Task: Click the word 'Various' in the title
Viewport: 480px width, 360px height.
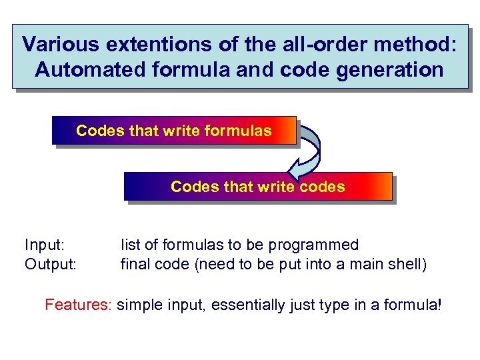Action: tap(58, 45)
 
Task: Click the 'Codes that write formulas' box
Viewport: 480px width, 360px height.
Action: tap(174, 131)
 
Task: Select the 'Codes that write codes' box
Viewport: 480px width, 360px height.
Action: tap(258, 187)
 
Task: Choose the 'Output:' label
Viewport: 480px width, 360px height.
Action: tap(51, 265)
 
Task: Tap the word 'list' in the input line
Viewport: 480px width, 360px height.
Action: tap(129, 245)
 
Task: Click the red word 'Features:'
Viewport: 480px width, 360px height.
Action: tap(78, 305)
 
